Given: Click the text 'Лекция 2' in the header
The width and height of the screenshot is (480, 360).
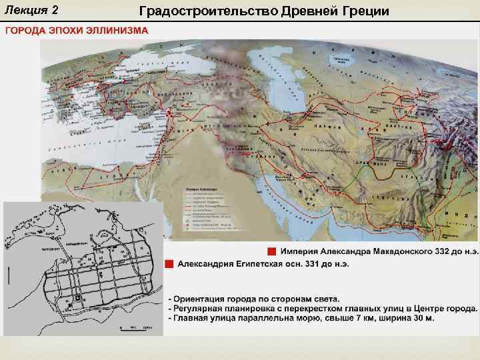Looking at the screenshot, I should [32, 11].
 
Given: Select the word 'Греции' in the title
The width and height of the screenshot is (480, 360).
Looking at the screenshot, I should [363, 11].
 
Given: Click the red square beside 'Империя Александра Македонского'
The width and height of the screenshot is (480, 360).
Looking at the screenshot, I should [271, 251].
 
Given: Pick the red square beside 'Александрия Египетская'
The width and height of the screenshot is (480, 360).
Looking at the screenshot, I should [170, 263].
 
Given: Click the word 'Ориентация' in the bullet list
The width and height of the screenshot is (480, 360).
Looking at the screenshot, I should [205, 298].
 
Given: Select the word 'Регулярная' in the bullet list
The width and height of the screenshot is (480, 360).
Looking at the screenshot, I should [205, 308].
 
